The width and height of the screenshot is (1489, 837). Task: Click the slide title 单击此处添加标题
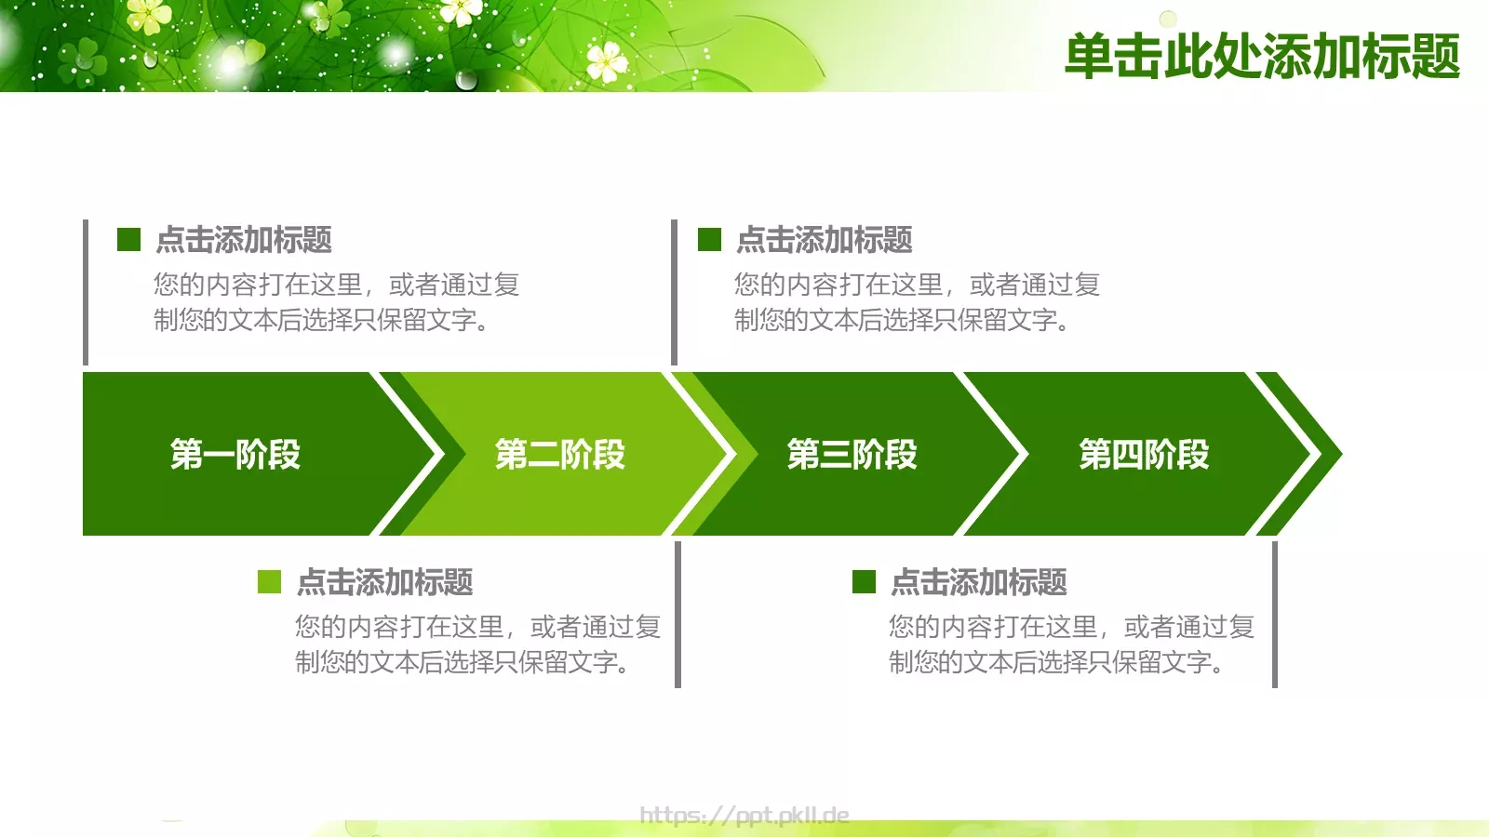click(x=1262, y=56)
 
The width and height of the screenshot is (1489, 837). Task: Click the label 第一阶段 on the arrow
click(x=235, y=455)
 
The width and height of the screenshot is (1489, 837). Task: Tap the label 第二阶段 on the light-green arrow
click(x=560, y=455)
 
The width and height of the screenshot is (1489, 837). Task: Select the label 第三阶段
click(x=852, y=455)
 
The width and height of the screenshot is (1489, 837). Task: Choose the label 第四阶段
click(x=1144, y=455)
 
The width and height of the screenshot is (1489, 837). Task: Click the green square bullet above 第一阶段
click(x=128, y=240)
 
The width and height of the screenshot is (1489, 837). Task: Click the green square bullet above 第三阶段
click(x=709, y=240)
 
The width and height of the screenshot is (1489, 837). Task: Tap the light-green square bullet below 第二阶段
click(x=269, y=582)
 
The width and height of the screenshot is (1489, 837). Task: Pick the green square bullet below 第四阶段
click(x=864, y=582)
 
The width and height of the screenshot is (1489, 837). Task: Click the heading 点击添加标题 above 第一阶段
click(x=244, y=240)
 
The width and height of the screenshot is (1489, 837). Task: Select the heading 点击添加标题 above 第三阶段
click(x=825, y=240)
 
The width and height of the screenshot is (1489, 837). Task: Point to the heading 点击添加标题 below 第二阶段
click(x=385, y=582)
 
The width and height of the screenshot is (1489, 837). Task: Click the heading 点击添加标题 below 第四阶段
click(x=979, y=582)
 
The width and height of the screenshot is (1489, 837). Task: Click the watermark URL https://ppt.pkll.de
click(x=744, y=816)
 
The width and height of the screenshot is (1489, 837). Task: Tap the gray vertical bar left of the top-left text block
click(x=86, y=292)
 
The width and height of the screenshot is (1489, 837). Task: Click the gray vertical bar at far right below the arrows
click(x=1274, y=614)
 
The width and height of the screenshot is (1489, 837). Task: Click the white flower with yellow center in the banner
click(x=607, y=61)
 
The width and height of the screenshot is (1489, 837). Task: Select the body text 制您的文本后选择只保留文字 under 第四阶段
click(x=1055, y=662)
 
